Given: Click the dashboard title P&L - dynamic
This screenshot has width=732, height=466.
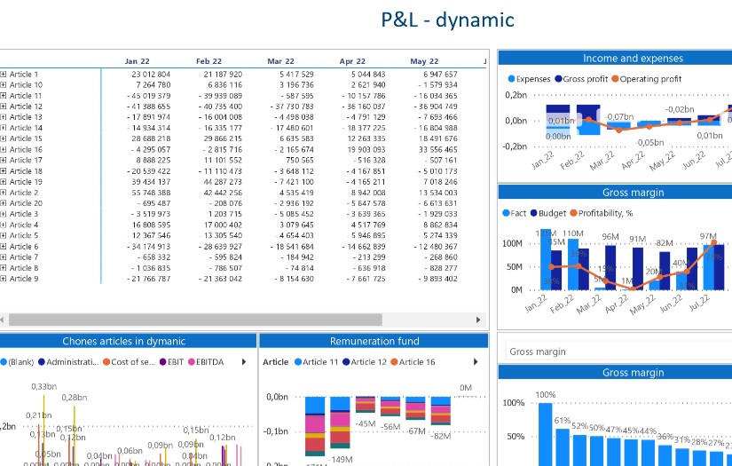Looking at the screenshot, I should (x=447, y=20).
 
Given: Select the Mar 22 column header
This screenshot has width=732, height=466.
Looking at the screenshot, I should (x=280, y=61).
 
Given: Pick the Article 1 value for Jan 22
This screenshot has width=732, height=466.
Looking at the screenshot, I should (x=150, y=75).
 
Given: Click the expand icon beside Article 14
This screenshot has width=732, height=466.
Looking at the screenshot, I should (x=4, y=128).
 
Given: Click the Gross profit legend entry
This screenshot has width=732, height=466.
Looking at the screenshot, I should (x=589, y=79).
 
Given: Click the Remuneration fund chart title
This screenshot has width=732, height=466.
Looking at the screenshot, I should (x=374, y=341).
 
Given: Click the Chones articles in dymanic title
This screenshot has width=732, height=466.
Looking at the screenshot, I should (x=123, y=341).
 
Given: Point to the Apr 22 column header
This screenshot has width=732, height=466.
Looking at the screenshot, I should (x=352, y=61).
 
